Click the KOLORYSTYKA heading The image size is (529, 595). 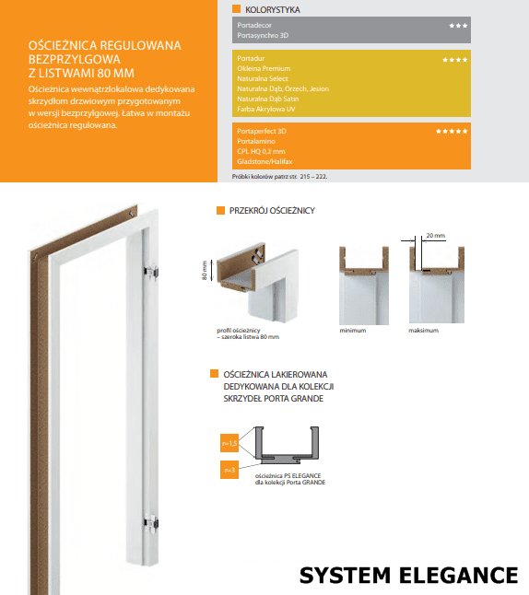coord(272,9)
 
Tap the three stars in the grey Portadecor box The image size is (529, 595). coord(458,26)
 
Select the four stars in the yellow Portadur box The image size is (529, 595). coord(454,60)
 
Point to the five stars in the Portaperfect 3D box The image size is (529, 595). coord(452,132)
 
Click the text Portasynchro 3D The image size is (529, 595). coord(263,35)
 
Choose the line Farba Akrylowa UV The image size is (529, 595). coord(265,109)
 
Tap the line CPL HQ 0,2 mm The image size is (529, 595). coord(261,151)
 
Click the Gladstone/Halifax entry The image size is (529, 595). coord(264,161)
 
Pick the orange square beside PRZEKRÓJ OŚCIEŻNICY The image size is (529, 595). coord(220,210)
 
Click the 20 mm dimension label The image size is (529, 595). coord(435,235)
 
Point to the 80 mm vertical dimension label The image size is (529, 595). coord(205,270)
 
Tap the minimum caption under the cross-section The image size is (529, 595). coord(353,331)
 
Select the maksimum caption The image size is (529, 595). coord(423,331)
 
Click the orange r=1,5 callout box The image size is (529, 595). coord(229,443)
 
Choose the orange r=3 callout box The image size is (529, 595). coord(229,470)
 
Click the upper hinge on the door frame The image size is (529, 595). coord(151,272)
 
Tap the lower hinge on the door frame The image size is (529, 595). coord(151,521)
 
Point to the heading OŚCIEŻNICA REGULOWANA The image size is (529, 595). coord(104,45)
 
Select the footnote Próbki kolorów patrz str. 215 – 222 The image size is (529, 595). coord(279,177)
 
